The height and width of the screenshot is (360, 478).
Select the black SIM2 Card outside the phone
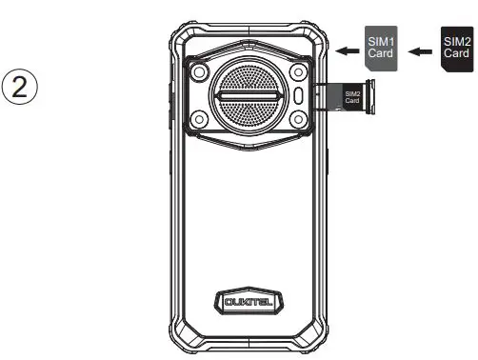(x=455, y=47)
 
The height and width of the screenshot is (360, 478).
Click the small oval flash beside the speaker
(x=299, y=96)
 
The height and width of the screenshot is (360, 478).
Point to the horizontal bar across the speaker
(x=249, y=96)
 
